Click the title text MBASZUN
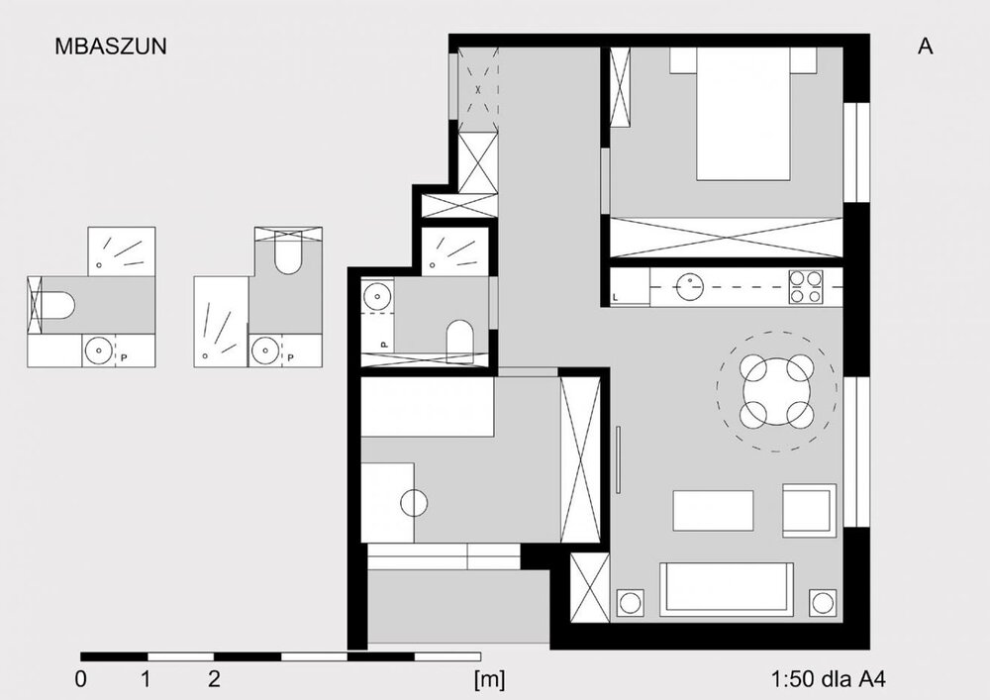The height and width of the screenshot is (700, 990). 111,47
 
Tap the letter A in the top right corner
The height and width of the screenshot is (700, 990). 925,47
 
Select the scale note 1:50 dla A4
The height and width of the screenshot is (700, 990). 828,680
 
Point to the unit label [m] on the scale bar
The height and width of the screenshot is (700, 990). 489,680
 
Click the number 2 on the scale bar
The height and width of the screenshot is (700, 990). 214,680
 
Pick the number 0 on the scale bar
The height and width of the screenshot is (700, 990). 81,680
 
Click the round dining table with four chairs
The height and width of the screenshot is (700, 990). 776,391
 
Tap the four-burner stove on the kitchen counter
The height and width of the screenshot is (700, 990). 806,286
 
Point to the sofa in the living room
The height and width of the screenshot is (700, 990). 726,589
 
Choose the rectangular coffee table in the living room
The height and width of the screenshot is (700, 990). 713,510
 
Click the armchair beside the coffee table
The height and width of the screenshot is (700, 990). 810,510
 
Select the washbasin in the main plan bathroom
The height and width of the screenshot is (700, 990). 377,295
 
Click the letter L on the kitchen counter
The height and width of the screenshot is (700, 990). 616,297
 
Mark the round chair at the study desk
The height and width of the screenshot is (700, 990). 414,502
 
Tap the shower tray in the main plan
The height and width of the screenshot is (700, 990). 455,251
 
